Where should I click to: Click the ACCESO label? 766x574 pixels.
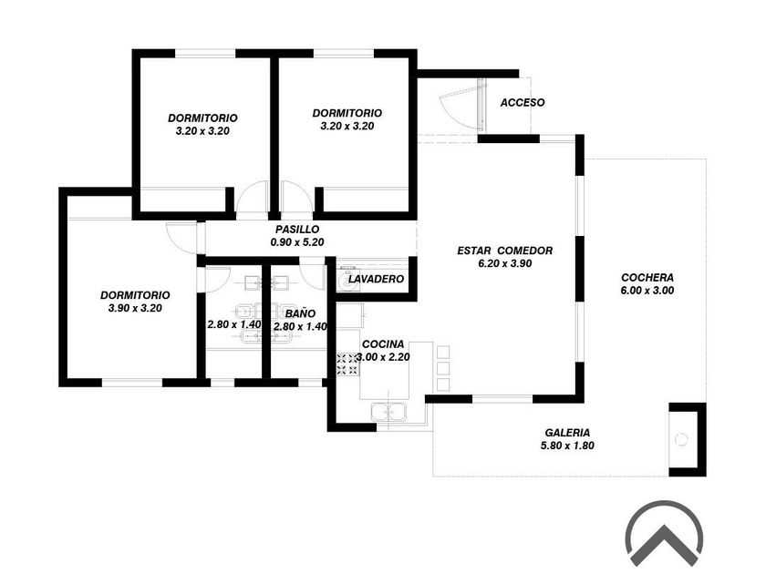coord(523,103)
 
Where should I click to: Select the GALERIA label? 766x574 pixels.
coord(567,432)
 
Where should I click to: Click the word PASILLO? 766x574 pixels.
coord(297,230)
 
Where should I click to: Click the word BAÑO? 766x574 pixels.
coord(300,313)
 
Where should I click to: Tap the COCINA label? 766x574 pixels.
coord(383,343)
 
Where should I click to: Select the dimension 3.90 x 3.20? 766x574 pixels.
coord(134,308)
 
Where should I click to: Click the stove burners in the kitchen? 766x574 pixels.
coord(347,364)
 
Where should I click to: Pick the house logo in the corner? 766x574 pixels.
coord(664,533)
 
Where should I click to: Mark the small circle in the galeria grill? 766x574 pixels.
coord(681,439)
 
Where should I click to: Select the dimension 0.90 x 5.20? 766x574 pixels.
coord(297,242)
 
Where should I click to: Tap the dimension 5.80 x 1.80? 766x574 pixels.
coord(567,446)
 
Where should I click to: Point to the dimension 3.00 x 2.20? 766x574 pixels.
coord(386,357)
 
